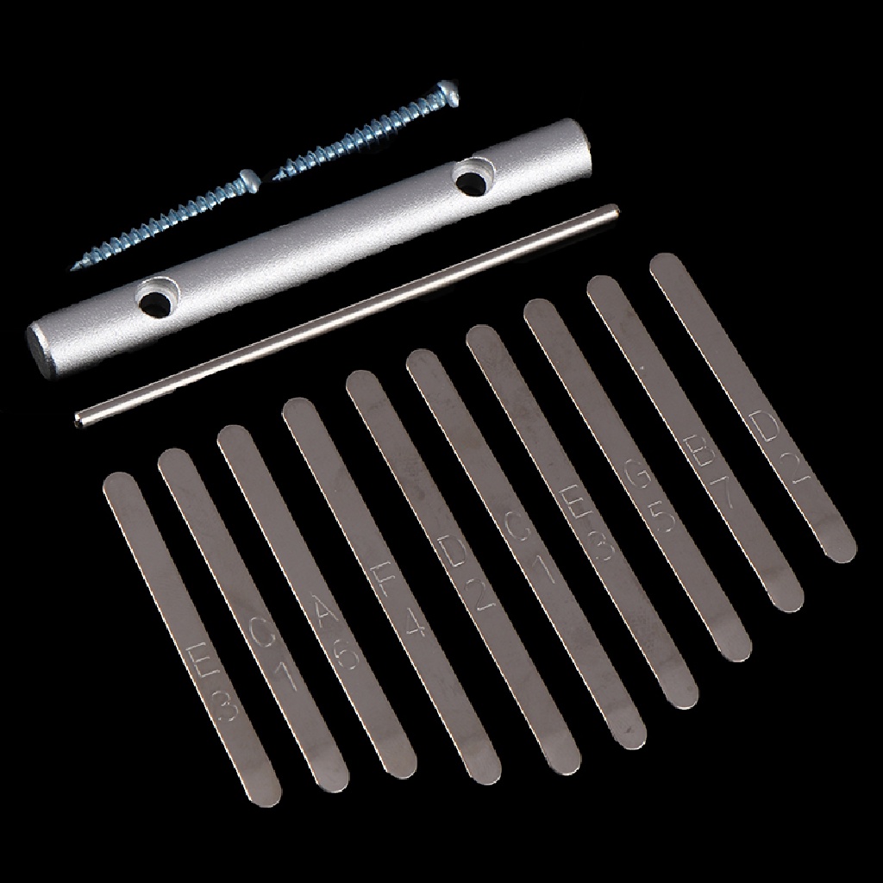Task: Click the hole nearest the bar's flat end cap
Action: tap(156, 302)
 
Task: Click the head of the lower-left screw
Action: tap(249, 178)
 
